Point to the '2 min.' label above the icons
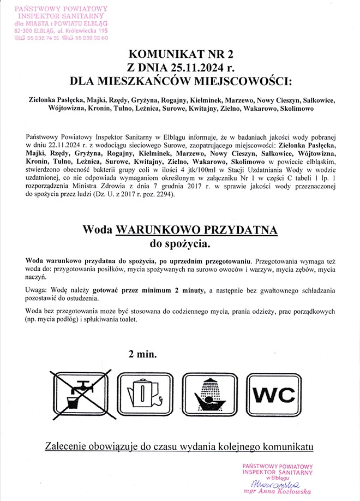pyautogui.click(x=142, y=354)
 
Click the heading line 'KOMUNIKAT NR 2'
pyautogui.click(x=180, y=54)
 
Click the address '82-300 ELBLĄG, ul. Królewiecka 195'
pyautogui.click(x=61, y=31)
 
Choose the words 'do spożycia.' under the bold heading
pyautogui.click(x=180, y=242)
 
